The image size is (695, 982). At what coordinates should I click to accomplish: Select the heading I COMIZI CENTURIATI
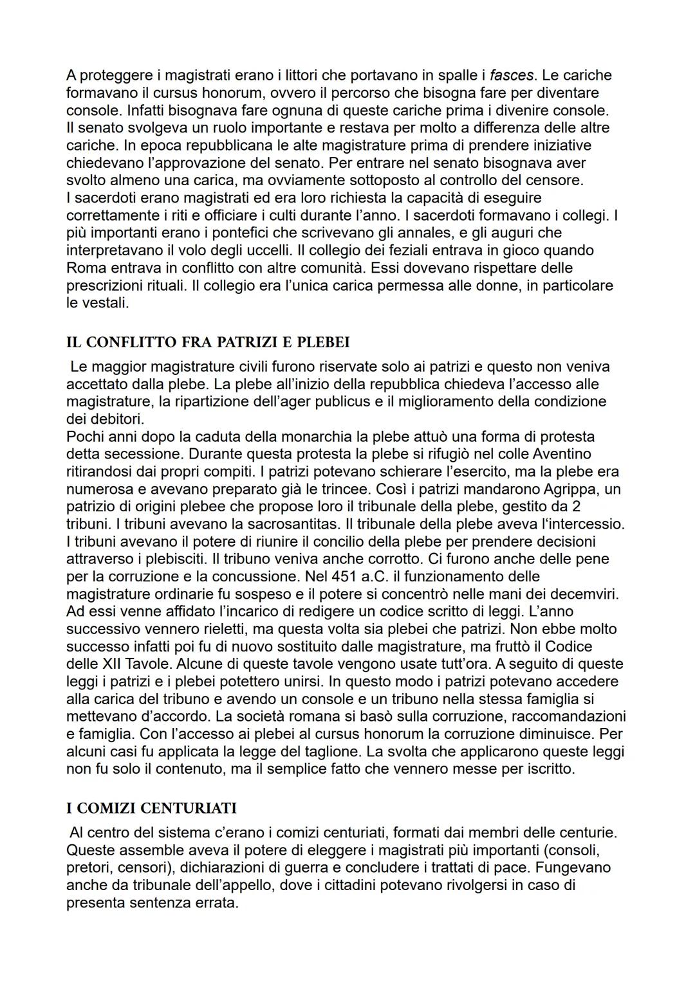pos(151,808)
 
